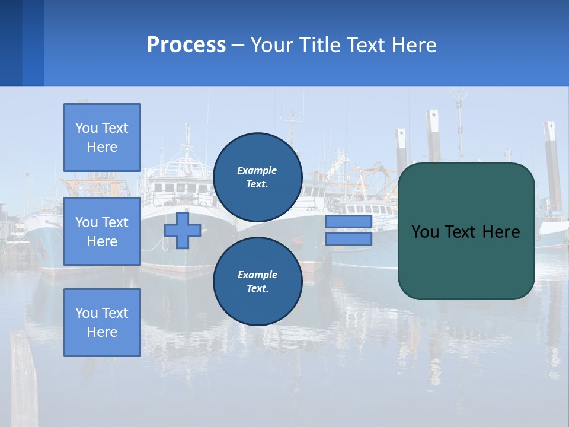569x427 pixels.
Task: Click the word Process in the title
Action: tap(186, 45)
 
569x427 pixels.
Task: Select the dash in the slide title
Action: tap(238, 45)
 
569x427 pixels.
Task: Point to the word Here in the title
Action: tap(415, 45)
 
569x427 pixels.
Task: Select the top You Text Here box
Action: tap(102, 138)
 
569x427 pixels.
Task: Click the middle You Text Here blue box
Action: tap(102, 231)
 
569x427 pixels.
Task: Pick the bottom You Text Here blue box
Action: tap(102, 323)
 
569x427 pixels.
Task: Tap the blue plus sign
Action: tap(183, 230)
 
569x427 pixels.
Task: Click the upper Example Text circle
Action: tap(257, 177)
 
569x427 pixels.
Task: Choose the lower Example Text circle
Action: tap(257, 281)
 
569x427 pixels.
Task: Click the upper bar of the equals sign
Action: tap(349, 222)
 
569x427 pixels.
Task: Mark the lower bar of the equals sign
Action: tap(349, 239)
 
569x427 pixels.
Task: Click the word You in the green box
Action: tap(424, 232)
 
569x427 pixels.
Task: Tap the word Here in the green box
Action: tap(501, 232)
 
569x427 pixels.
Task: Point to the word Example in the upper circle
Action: tap(257, 170)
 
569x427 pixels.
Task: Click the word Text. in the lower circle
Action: tap(257, 289)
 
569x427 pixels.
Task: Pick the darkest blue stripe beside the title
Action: tap(11, 43)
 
